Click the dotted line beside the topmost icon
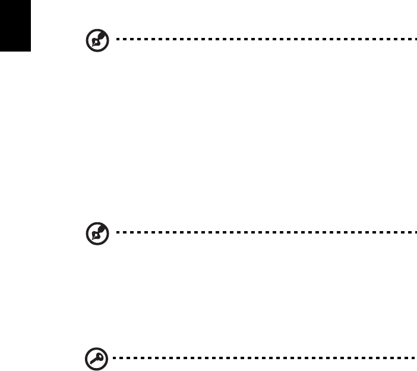pos(264,40)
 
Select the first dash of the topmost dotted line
pos(118,40)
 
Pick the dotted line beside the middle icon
pos(264,232)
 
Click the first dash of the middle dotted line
pos(118,232)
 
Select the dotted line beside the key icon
pos(264,357)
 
